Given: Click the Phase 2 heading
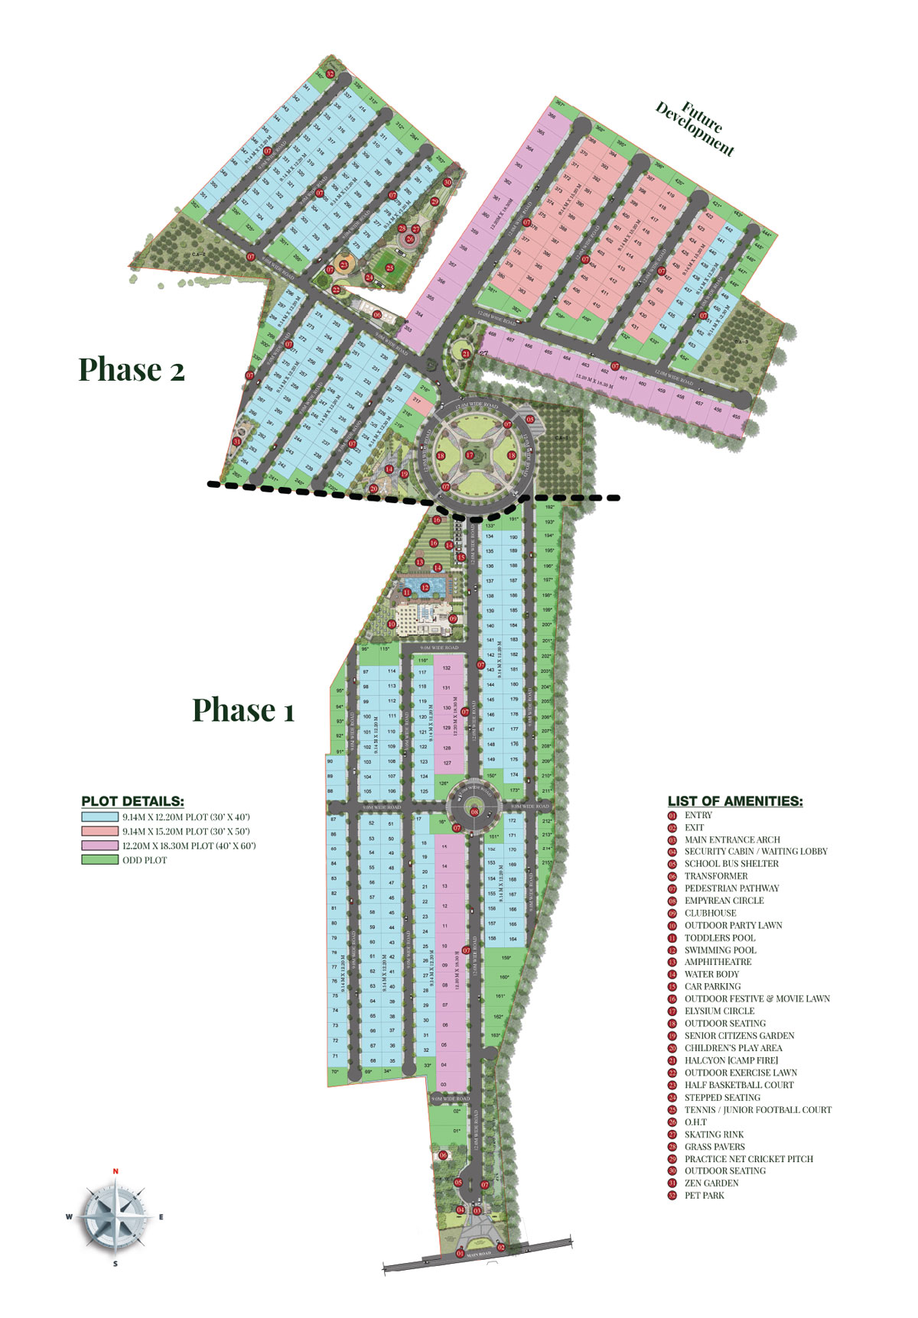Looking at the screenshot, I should (x=132, y=369).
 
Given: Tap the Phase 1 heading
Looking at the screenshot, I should (x=243, y=709).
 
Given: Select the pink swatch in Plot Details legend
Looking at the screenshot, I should (x=99, y=846).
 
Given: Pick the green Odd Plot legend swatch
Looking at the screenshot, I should (x=99, y=860).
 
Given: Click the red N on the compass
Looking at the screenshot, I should (x=116, y=1171).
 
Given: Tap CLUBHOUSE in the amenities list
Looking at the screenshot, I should (x=710, y=913).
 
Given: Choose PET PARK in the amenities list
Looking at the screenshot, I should (x=704, y=1195).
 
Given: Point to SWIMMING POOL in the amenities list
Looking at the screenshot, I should (x=720, y=950).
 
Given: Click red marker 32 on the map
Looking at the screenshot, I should (x=330, y=74).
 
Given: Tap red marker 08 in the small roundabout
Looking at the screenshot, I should (x=474, y=812).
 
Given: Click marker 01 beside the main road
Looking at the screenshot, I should (x=460, y=1254).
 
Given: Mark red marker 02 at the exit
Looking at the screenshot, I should (x=502, y=1248).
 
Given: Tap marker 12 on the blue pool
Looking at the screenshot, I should (x=425, y=587).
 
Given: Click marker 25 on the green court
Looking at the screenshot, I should (x=389, y=268).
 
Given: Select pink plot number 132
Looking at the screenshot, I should (x=447, y=668).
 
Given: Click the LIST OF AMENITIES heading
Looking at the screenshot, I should (x=735, y=801).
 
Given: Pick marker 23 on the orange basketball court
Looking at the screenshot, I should (x=344, y=265).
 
